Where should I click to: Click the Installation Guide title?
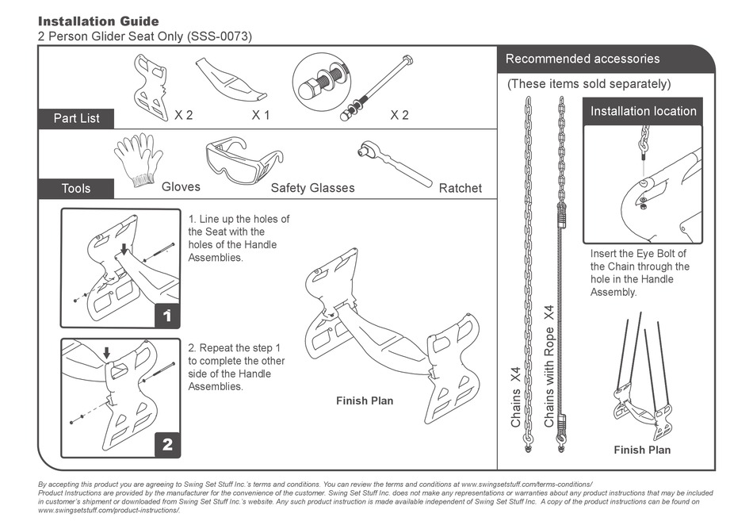98,21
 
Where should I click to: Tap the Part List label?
77,118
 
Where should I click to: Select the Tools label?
76,188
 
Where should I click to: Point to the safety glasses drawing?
243,161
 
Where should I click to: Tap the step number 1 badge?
166,316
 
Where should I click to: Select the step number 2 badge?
167,445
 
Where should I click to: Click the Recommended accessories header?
582,59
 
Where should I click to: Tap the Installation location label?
643,111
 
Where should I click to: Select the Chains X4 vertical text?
516,397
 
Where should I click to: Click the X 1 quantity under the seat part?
261,115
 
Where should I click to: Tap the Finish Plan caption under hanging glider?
641,450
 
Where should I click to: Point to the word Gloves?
181,187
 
